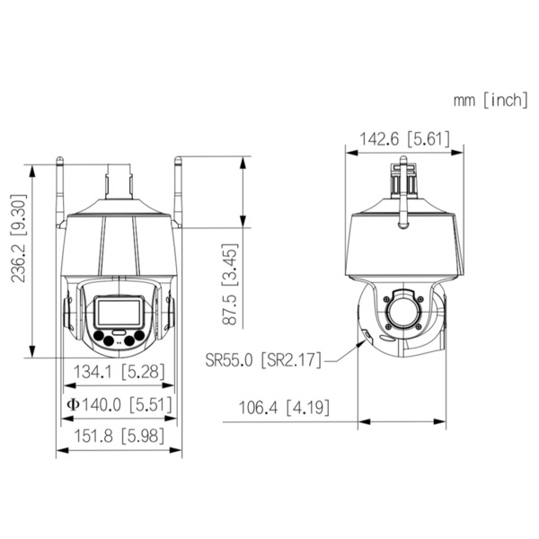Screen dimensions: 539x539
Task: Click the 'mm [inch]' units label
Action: tap(490, 100)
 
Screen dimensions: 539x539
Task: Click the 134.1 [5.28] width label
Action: tap(119, 369)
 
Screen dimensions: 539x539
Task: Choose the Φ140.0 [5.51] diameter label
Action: tap(118, 404)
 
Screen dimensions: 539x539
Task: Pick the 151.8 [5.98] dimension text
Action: tap(119, 438)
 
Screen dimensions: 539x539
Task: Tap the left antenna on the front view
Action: tap(62, 189)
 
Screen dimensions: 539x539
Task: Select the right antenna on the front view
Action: tap(177, 189)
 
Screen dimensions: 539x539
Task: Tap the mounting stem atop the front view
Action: tap(119, 180)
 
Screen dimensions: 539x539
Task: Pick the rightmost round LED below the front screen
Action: tap(139, 339)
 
